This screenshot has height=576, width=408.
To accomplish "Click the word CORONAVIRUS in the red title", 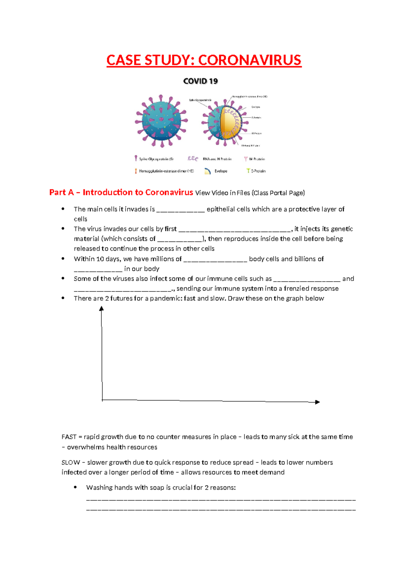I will point(250,60).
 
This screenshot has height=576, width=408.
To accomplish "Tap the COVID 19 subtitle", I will point(200,81).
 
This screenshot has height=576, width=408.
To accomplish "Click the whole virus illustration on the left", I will point(161,121).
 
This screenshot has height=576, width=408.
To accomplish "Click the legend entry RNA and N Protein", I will point(217,159).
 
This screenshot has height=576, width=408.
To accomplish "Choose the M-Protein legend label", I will point(257,159).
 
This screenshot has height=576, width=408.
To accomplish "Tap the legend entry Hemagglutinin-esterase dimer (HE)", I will point(166,171).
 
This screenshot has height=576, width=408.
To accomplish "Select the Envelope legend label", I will point(221,171).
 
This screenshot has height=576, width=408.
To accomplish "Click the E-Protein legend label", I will point(258,171).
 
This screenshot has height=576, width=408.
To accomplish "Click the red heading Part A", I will point(62,193).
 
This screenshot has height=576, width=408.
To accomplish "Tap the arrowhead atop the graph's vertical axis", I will point(101,308).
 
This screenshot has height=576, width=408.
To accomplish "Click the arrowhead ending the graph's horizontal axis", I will point(318,402).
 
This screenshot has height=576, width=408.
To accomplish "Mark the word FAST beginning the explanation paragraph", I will point(69,437).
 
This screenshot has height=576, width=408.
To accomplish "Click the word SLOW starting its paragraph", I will point(70,463).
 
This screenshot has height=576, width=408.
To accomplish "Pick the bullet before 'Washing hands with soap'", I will point(75,487).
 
